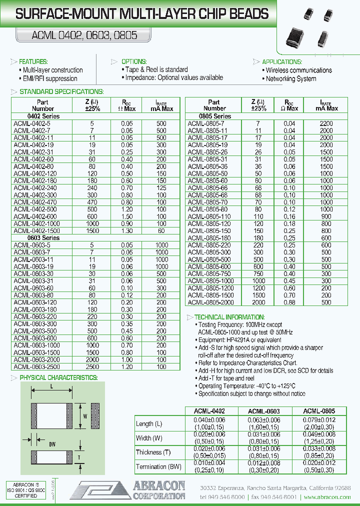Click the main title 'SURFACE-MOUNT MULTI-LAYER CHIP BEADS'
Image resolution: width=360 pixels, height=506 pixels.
[142, 15]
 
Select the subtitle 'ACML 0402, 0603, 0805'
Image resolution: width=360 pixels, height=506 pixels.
[77, 36]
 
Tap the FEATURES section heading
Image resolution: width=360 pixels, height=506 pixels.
[33, 61]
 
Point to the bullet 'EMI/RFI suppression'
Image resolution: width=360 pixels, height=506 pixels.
[50, 78]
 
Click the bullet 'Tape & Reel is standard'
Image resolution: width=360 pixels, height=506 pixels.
[156, 70]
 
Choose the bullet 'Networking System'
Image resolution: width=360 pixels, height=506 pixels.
[291, 78]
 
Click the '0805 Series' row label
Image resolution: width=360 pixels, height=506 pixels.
[215, 116]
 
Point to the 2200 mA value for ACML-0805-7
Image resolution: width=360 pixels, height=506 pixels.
[326, 123]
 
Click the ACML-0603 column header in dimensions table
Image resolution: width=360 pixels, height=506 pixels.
[264, 411]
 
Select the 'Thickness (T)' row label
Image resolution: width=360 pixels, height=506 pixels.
[153, 452]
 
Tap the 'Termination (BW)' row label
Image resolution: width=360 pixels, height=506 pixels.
[158, 466]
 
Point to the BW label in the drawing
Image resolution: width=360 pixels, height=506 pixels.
[52, 443]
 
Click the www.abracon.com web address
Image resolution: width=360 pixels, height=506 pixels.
[327, 497]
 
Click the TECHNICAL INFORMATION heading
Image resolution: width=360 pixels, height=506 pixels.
[229, 317]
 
